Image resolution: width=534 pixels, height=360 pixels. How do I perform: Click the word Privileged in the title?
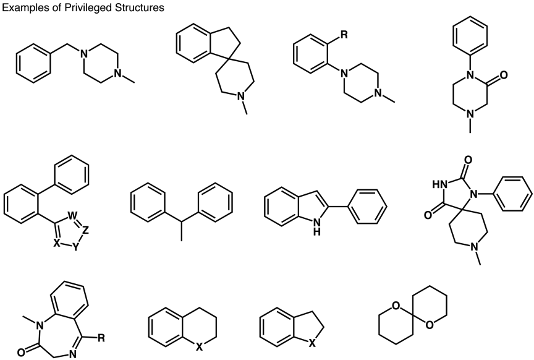pos(82,7)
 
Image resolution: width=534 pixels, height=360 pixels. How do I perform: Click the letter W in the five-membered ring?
pos(72,216)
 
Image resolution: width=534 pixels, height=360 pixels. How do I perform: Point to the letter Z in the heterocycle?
pos(85,231)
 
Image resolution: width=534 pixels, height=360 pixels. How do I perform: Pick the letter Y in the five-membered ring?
pos(75,247)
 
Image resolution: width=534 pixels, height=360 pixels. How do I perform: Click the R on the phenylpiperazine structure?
pos(344,35)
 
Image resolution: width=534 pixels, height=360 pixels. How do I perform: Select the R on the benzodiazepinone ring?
pos(101,338)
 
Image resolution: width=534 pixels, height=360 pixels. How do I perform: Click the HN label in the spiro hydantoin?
pos(439,184)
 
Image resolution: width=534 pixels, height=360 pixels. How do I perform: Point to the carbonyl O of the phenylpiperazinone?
pos(504,75)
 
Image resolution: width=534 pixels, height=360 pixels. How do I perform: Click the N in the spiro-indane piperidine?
pos(241,97)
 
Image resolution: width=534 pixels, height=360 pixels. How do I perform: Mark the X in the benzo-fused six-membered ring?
pos(199,347)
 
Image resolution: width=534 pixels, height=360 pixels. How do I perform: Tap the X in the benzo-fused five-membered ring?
pos(311,345)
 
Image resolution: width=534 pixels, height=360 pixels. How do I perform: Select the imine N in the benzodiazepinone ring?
pos(72,354)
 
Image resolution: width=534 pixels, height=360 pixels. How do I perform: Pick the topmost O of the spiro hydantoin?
pos(468,160)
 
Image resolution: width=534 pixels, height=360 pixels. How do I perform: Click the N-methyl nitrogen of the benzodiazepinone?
pos(40,326)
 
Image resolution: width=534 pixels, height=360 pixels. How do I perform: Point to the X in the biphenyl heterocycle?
pos(57,242)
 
